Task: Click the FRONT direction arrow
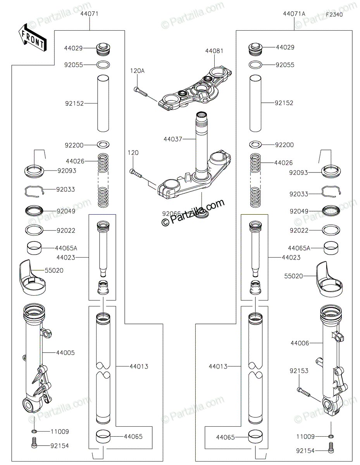[x=32, y=37]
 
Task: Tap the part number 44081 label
[x=214, y=51]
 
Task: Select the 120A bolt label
[x=137, y=71]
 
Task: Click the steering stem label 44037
[x=172, y=139]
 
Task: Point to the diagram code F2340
[x=334, y=15]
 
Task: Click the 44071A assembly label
[x=294, y=14]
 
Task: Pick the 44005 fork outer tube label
[x=65, y=353]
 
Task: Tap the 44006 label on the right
[x=300, y=343]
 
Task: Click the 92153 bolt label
[x=299, y=371]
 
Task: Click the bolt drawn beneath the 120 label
[x=136, y=173]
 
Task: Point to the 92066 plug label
[x=171, y=214]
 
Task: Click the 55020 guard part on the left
[x=32, y=278]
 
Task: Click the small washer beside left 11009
[x=34, y=431]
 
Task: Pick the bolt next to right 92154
[x=331, y=448]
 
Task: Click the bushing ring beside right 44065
[x=255, y=436]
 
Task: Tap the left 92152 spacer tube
[x=103, y=103]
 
